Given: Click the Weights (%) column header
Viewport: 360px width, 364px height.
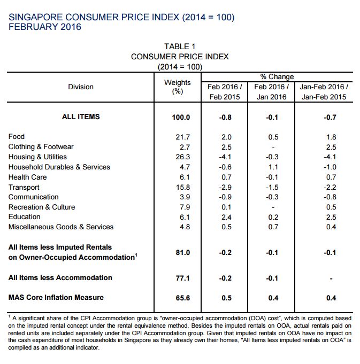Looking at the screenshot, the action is (178, 87).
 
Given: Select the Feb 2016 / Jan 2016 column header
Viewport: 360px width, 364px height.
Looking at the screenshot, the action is (272, 92).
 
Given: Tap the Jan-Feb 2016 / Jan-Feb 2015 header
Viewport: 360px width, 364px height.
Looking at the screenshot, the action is (324, 92).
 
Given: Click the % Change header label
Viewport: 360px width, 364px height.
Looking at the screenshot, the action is (277, 76).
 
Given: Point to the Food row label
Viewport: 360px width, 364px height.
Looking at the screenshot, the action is (17, 136).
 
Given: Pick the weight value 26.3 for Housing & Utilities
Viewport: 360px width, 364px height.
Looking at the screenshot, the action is (183, 157).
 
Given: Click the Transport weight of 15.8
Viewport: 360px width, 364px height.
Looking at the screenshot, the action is (183, 187).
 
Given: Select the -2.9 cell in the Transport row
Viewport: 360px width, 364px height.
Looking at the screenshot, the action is (225, 187).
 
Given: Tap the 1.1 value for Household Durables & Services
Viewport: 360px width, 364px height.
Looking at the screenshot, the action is (273, 167).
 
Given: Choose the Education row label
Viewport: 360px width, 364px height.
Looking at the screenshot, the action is (25, 217).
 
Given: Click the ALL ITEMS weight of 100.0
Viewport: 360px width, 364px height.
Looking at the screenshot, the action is (181, 117).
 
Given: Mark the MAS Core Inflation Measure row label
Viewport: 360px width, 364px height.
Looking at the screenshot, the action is (56, 297).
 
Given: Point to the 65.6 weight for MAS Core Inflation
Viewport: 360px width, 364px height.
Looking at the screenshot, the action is (183, 298).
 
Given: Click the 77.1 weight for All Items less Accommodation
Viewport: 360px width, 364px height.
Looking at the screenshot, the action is (182, 278).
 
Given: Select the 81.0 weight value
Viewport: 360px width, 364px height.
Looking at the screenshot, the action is (183, 252).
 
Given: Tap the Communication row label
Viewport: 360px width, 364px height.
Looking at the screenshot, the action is (34, 197).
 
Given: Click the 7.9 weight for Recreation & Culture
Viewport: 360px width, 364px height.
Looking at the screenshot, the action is (185, 207).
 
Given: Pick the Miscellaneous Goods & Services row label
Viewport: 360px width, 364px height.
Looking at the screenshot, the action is (61, 227).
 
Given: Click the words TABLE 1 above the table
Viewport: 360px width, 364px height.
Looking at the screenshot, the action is (180, 47).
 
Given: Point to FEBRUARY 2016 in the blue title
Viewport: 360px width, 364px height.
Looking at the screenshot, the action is (45, 27).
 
